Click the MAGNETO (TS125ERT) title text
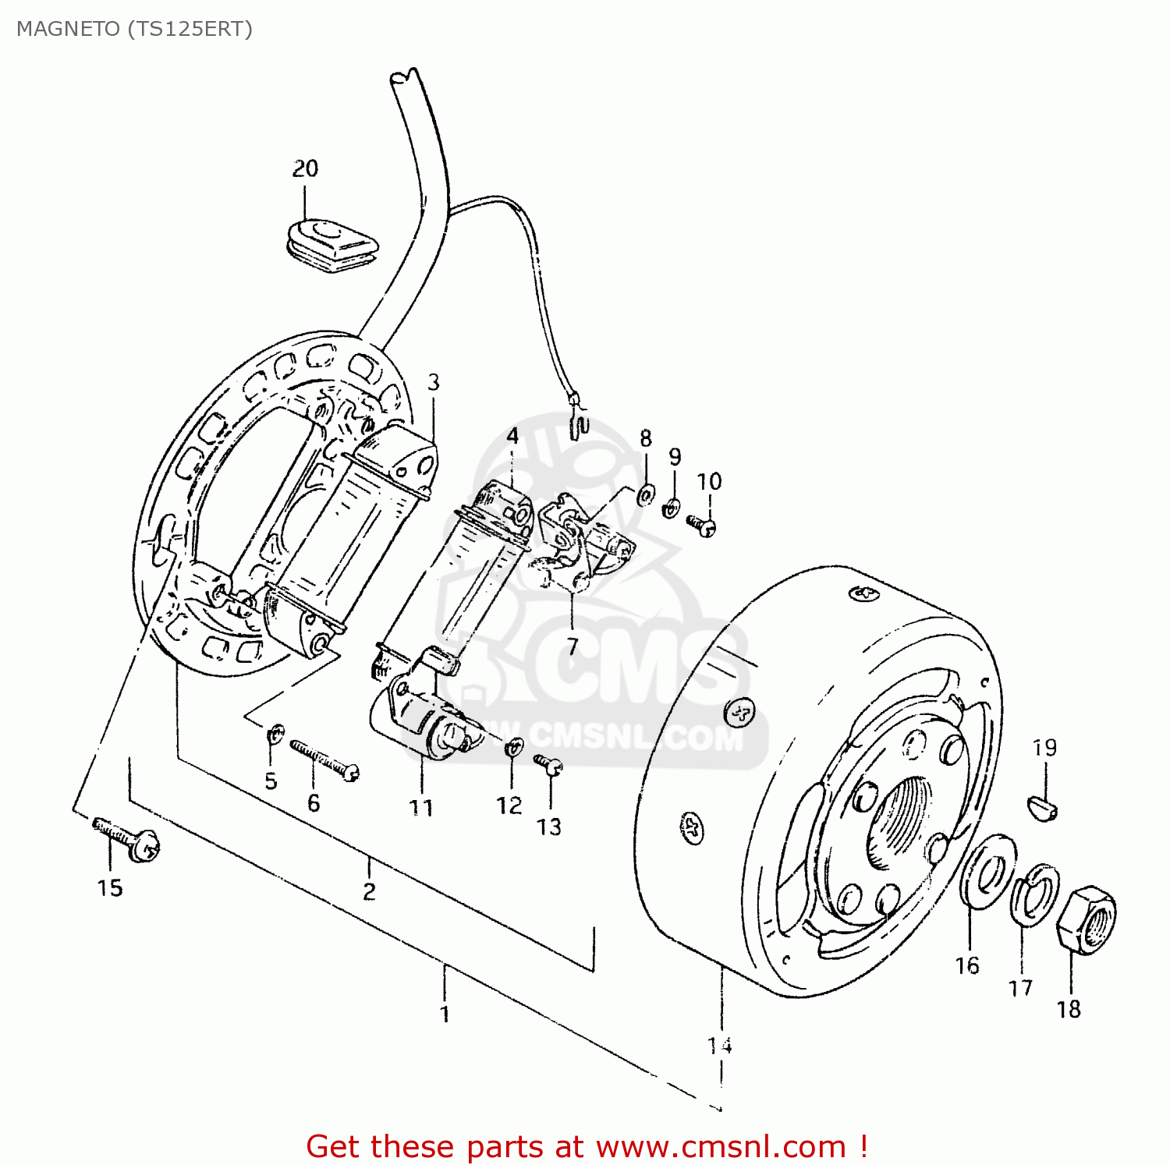click(134, 29)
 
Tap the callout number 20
click(305, 168)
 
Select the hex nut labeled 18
click(1087, 917)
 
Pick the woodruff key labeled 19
click(1043, 806)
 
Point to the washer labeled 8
click(646, 494)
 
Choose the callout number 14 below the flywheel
click(719, 1045)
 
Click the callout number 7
click(573, 646)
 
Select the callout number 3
click(433, 382)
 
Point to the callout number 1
click(445, 1015)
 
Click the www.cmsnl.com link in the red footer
click(721, 1147)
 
